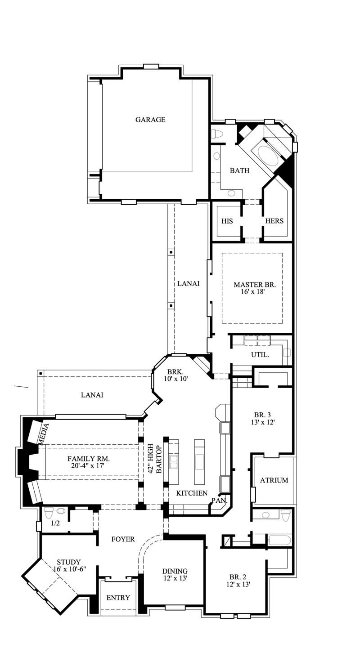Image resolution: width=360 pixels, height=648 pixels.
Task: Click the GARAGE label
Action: click(x=150, y=120)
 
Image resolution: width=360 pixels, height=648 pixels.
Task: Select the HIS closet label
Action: click(x=227, y=221)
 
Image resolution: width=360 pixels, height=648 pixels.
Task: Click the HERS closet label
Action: click(x=274, y=221)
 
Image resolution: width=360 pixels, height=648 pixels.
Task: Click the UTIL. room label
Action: click(x=260, y=355)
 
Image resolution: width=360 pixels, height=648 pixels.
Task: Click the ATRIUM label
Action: click(x=274, y=480)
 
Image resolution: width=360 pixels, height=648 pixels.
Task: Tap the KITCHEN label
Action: click(x=191, y=493)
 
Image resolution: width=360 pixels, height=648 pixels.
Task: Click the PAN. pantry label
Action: click(x=219, y=500)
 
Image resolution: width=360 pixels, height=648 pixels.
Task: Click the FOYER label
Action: click(x=122, y=539)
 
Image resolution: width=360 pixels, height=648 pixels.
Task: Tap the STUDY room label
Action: click(x=68, y=562)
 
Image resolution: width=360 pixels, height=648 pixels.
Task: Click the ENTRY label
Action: click(x=118, y=598)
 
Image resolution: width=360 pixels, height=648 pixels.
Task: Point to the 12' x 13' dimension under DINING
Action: click(x=175, y=578)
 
